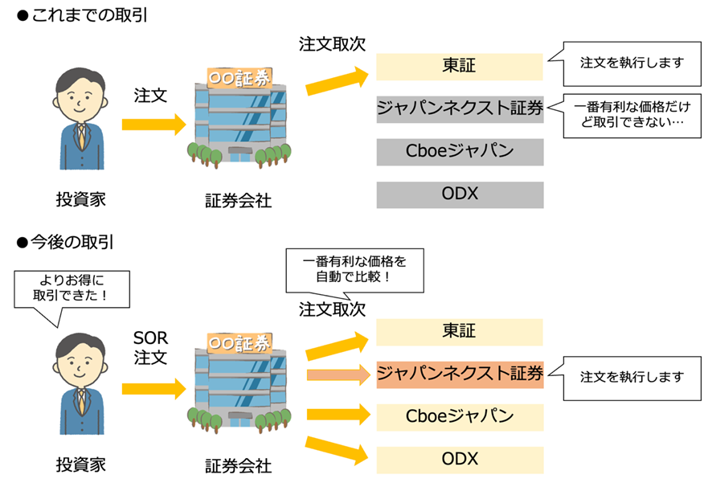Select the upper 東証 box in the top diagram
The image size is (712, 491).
[x=459, y=66]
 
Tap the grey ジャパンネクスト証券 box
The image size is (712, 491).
[x=459, y=108]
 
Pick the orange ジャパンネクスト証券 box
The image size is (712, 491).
[x=459, y=374]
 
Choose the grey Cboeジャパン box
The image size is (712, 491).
[x=459, y=151]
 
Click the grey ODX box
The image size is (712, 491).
[x=459, y=194]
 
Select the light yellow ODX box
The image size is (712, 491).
[x=459, y=460]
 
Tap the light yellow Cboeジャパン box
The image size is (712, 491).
[x=459, y=416]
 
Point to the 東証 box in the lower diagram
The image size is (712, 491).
[x=459, y=332]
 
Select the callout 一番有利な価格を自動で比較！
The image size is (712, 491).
[x=354, y=271]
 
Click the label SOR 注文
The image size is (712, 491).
[x=149, y=348]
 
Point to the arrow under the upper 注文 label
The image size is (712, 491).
[x=153, y=125]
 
